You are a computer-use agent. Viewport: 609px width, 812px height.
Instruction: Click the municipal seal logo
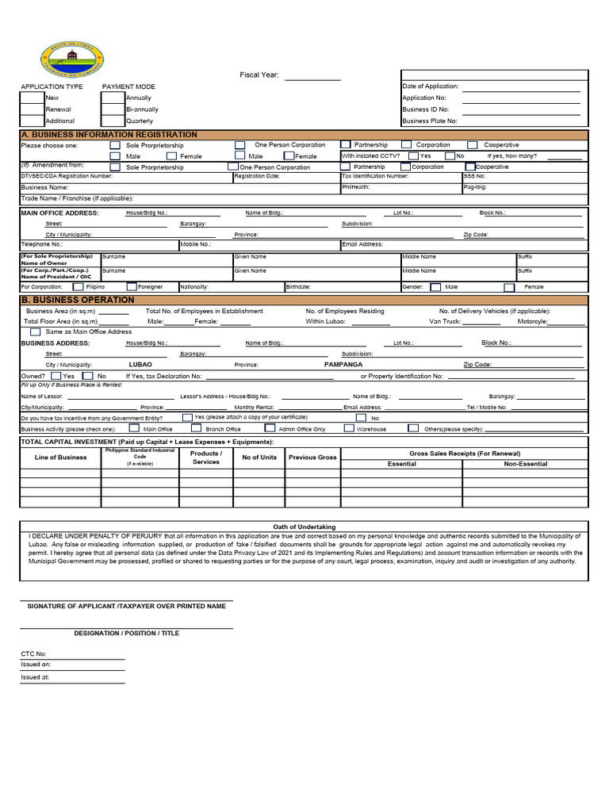(x=71, y=58)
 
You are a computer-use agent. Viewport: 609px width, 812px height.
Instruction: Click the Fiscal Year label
(x=259, y=75)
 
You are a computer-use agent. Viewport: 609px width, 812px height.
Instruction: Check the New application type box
(x=32, y=98)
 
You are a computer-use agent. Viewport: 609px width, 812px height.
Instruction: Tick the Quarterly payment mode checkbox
(x=113, y=121)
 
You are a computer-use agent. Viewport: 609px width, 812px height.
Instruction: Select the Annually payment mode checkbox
(x=113, y=98)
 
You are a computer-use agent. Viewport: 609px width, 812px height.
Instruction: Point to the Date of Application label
(x=431, y=86)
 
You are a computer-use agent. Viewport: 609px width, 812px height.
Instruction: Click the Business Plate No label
(x=430, y=121)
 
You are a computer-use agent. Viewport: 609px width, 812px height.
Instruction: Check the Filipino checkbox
(x=78, y=287)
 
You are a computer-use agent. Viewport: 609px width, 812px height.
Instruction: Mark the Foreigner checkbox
(x=129, y=287)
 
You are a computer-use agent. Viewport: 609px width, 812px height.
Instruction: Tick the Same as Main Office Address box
(x=36, y=331)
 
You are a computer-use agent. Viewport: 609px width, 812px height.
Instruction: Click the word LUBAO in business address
(x=140, y=365)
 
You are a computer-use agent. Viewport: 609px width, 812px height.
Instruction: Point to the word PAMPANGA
(x=343, y=365)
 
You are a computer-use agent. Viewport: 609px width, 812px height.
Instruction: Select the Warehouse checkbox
(x=350, y=428)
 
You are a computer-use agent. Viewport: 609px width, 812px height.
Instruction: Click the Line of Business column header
(x=61, y=458)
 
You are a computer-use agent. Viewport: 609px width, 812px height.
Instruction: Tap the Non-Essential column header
(x=525, y=463)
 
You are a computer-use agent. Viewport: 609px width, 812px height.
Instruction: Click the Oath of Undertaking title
(x=304, y=527)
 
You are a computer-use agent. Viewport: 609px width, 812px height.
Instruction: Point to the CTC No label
(x=34, y=653)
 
